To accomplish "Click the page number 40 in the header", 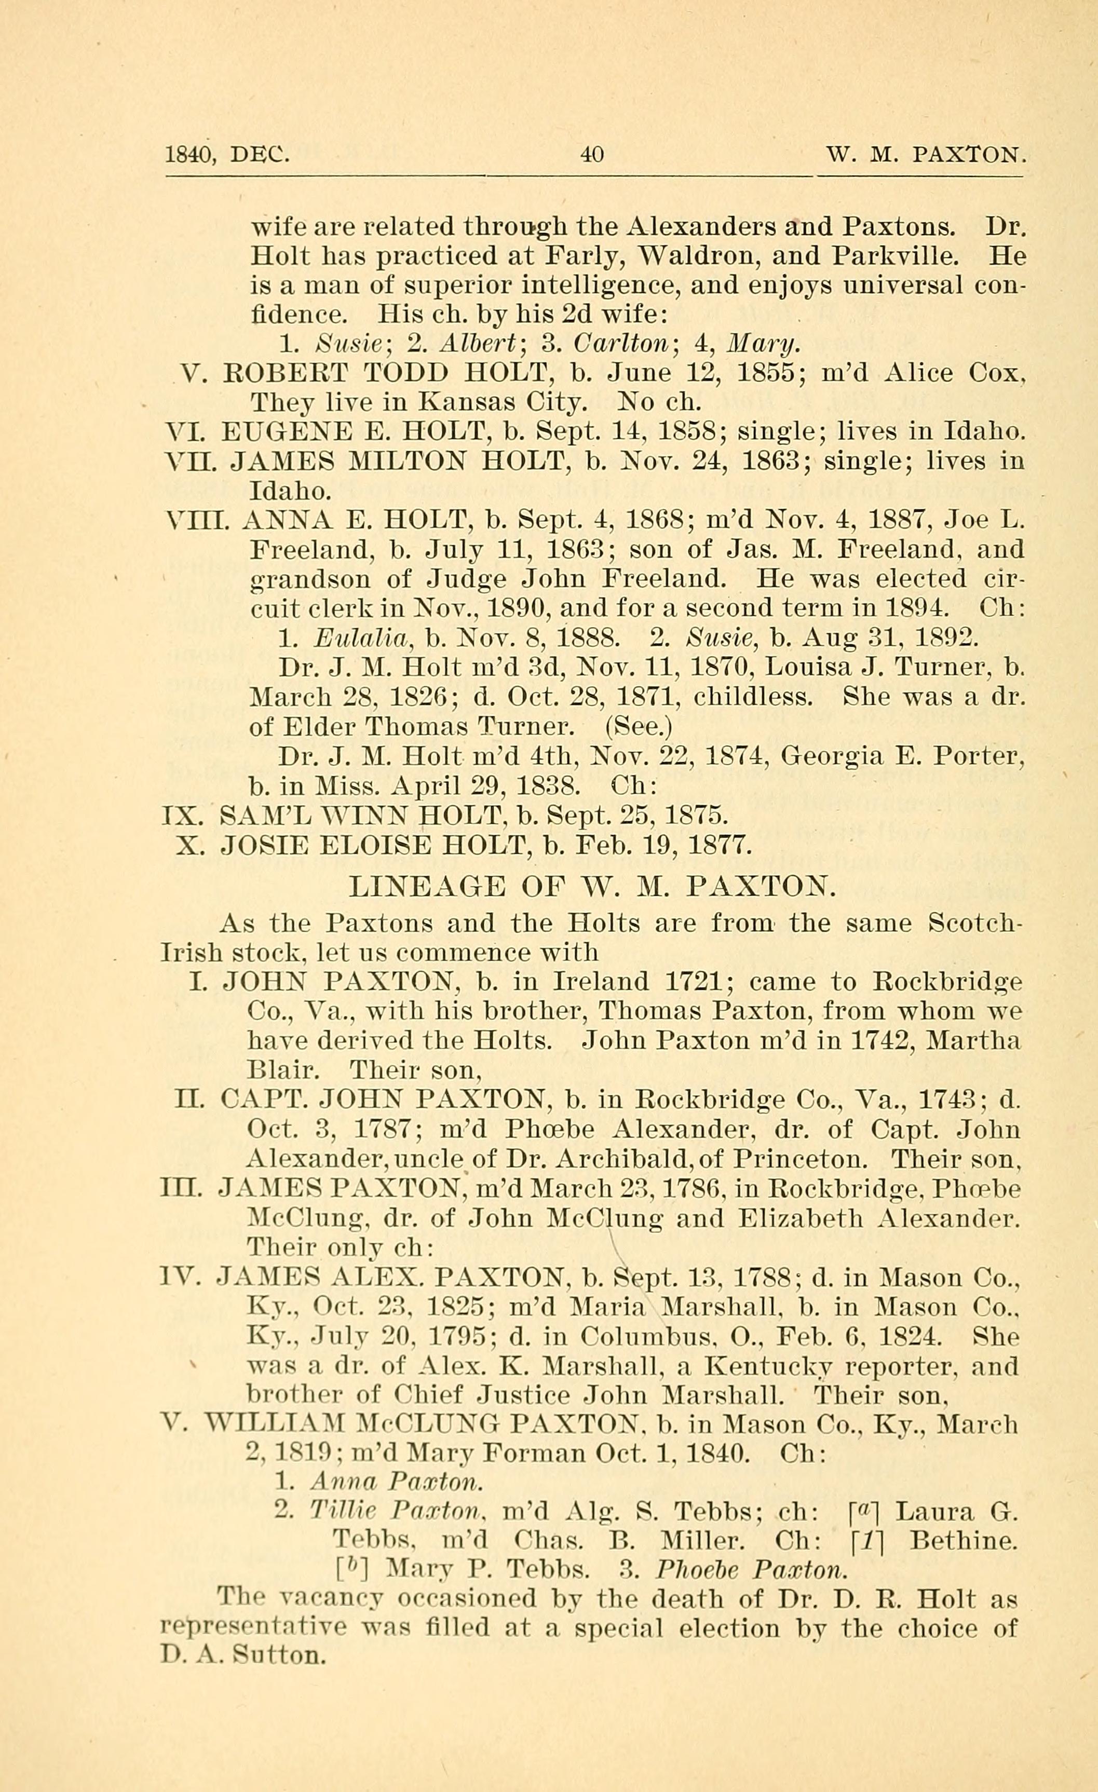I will [x=592, y=155].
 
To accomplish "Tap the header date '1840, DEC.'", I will [x=227, y=155].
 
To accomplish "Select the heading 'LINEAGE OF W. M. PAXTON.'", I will [x=593, y=887].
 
